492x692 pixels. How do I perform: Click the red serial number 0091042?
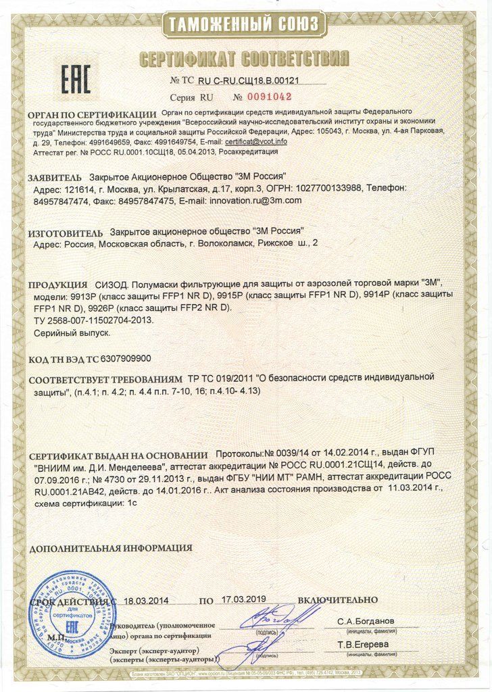[x=267, y=96]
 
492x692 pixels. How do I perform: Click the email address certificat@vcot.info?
[x=256, y=142]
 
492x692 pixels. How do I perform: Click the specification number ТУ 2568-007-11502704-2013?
[x=94, y=320]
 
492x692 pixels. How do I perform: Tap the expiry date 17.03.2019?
[x=244, y=599]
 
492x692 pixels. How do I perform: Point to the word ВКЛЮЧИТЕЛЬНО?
[x=337, y=599]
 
